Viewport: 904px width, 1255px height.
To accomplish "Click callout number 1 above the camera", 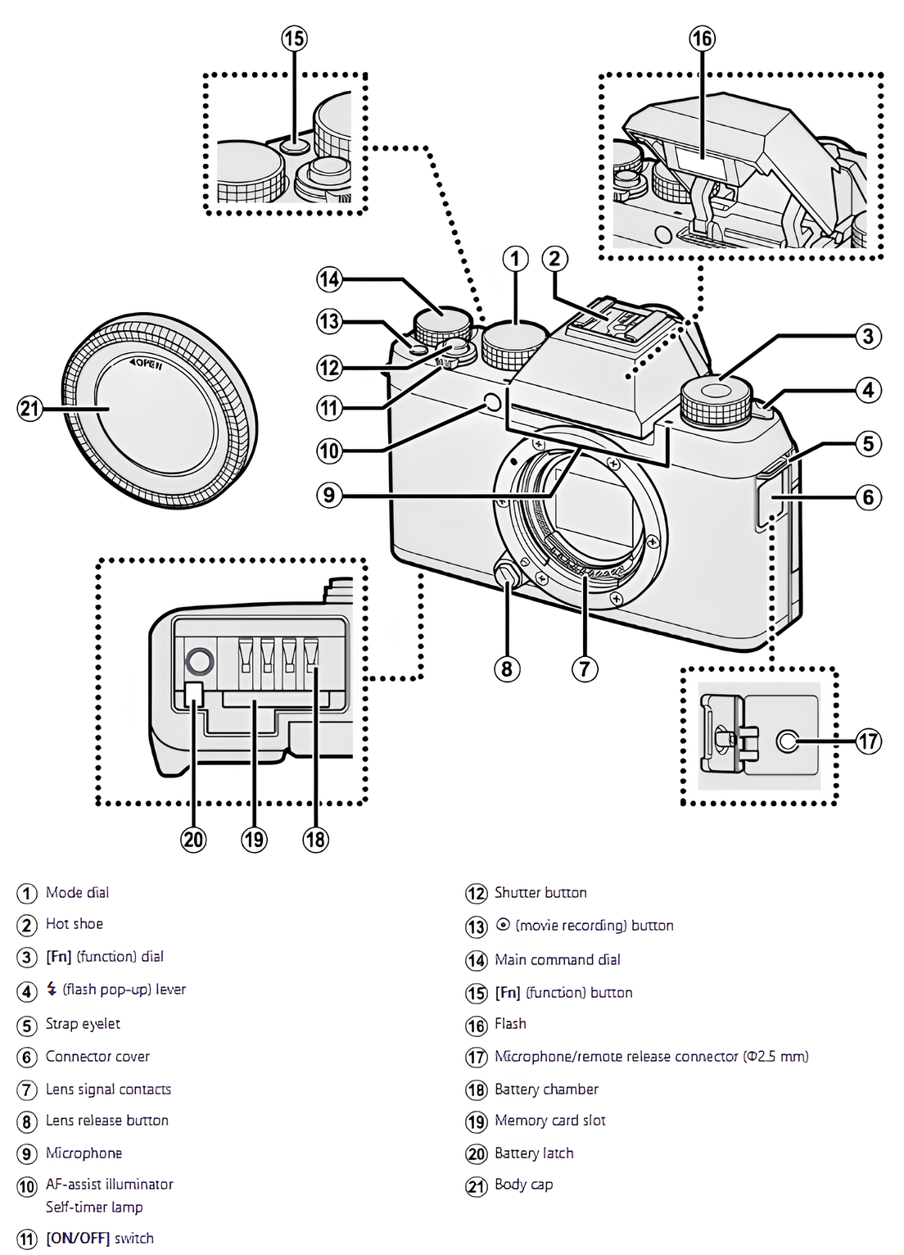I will (x=515, y=259).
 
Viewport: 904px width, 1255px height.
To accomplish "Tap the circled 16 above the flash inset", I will (x=702, y=39).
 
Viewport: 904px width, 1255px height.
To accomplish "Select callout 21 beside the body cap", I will (x=29, y=408).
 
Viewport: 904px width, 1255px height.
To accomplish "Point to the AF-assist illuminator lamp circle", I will (x=493, y=401).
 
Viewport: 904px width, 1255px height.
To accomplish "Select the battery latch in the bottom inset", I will (x=193, y=694).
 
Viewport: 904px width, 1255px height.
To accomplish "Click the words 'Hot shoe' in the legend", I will (x=74, y=924).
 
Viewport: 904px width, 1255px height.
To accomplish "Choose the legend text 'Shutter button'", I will (x=540, y=893).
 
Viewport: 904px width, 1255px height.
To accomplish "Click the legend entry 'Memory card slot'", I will (x=549, y=1121).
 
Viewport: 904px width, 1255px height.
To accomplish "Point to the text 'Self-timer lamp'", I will (x=94, y=1207).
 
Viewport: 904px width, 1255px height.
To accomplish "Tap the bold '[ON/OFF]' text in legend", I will (x=78, y=1239).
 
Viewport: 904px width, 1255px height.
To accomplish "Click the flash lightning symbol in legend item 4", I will (x=52, y=990).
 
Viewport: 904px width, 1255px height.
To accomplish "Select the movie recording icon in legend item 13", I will (x=503, y=926).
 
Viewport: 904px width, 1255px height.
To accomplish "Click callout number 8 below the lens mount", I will (x=507, y=669).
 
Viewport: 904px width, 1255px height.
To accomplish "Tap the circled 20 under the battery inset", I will (x=193, y=840).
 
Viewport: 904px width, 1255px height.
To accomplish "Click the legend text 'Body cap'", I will (x=523, y=1185).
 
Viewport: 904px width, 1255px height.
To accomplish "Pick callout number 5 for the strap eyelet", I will (x=868, y=444).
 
